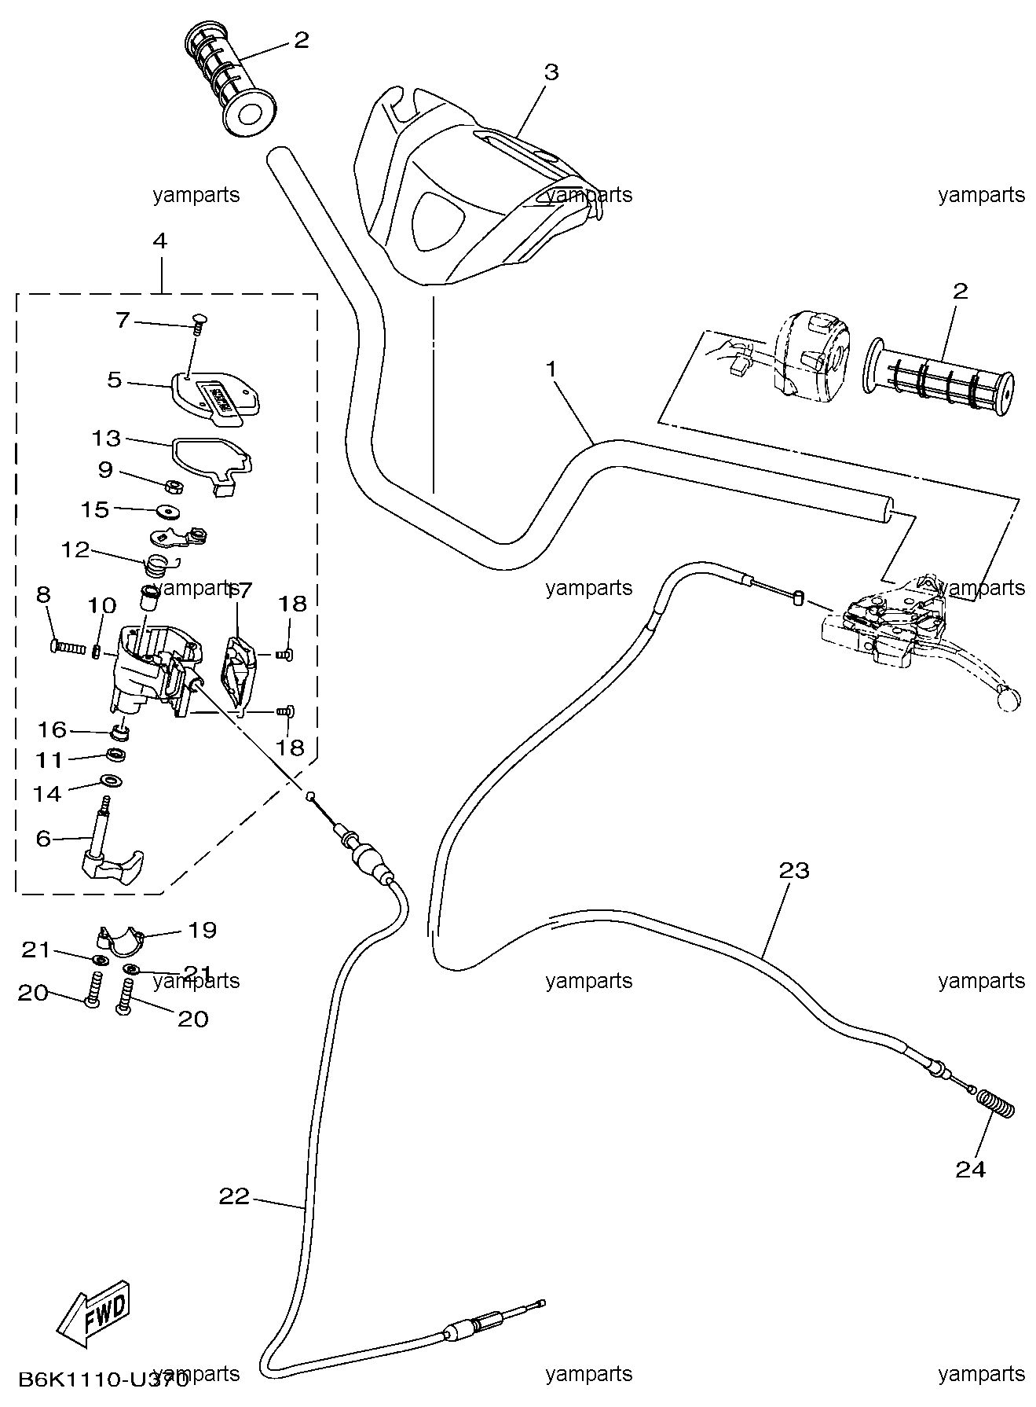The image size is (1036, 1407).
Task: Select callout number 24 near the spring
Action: point(971,1169)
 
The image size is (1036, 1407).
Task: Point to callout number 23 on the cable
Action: point(794,870)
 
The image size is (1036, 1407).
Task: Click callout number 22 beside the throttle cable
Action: point(234,1196)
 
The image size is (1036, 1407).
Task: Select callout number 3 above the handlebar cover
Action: point(551,72)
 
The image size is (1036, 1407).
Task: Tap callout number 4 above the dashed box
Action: point(159,241)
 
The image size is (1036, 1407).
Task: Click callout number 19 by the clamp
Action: point(203,930)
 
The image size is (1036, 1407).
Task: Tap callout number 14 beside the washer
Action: point(47,793)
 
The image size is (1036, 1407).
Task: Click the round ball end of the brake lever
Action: point(1009,698)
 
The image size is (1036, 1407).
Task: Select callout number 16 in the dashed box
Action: point(53,729)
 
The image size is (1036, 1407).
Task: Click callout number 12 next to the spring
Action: point(76,549)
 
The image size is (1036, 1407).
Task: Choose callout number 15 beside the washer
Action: point(95,509)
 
